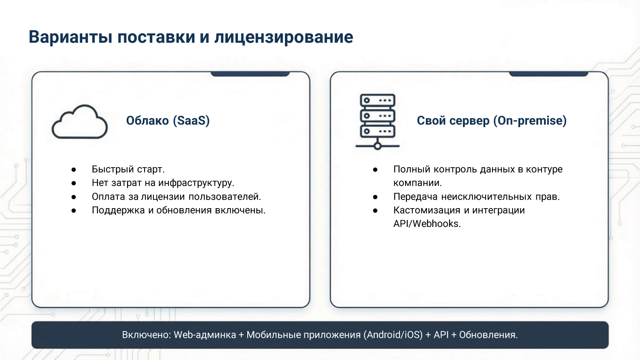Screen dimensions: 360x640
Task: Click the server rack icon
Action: click(377, 122)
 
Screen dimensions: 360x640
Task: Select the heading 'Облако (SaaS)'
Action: click(168, 121)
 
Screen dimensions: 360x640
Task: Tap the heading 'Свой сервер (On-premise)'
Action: click(491, 121)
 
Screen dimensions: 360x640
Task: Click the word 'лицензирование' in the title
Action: click(284, 37)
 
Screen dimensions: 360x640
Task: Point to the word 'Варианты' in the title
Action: click(70, 37)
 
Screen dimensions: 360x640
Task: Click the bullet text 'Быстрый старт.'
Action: click(128, 169)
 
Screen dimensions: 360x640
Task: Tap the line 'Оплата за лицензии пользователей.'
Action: click(176, 197)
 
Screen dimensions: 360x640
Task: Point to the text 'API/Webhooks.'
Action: click(427, 224)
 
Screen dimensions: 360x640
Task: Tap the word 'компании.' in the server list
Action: click(417, 183)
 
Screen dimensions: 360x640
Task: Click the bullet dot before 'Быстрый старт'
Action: click(74, 170)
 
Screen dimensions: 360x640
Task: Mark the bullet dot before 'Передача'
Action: click(375, 197)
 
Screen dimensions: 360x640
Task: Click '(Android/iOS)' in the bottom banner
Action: click(393, 335)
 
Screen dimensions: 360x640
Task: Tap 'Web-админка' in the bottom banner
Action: click(205, 335)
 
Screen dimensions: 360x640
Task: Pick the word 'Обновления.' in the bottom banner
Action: click(488, 335)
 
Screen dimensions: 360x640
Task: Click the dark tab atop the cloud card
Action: click(250, 74)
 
